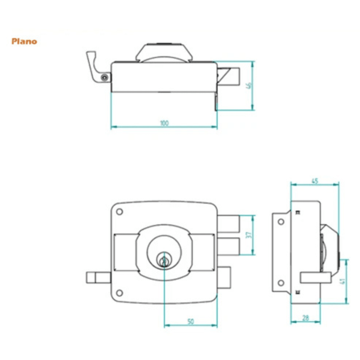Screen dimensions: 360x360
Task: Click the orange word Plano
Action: pos(24,41)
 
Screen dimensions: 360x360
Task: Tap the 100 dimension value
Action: pos(165,123)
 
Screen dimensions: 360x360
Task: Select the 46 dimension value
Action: pos(249,85)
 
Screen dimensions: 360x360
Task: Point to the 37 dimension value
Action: pos(249,235)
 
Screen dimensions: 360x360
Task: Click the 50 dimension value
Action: pos(191,321)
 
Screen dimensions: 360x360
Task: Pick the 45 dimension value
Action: pos(315,181)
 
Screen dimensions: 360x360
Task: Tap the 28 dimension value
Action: pos(306,318)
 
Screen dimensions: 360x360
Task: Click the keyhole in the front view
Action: pos(164,261)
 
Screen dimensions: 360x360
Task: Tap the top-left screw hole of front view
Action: pos(120,211)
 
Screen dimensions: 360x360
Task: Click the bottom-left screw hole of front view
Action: pos(120,293)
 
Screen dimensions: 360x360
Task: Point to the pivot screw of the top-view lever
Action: pos(105,78)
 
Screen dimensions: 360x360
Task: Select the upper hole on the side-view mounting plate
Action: pos(281,222)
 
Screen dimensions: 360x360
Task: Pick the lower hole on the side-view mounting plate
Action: pos(281,283)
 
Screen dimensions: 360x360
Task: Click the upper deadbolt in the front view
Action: pos(228,224)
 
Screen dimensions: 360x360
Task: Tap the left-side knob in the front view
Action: pos(99,277)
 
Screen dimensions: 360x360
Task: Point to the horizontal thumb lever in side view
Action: pos(316,277)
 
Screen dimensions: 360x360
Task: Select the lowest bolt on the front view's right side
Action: pos(224,277)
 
